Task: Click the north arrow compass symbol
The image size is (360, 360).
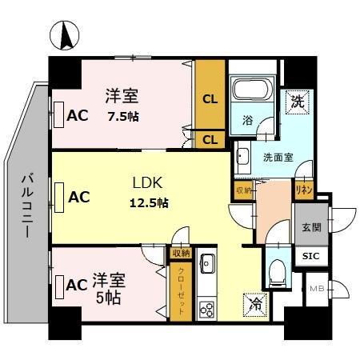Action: [x=65, y=36]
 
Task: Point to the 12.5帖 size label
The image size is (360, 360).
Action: [x=149, y=202]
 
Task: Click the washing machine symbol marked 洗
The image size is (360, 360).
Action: [x=296, y=102]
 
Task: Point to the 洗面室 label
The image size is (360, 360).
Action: [x=278, y=157]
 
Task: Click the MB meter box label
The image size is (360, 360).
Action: [x=316, y=289]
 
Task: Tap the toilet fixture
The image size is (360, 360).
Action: [x=277, y=272]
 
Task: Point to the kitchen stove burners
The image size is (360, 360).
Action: [x=206, y=308]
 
